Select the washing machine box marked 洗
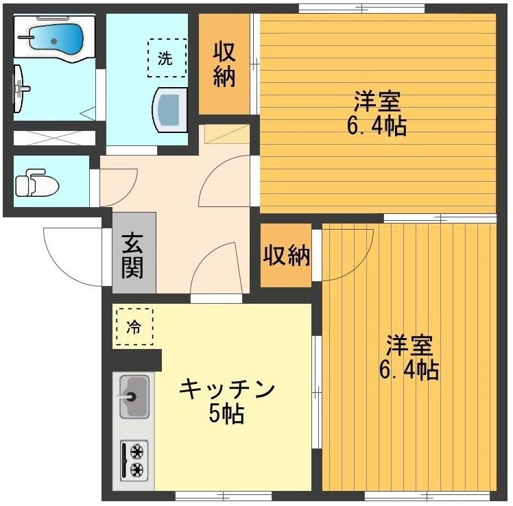[x=166, y=58]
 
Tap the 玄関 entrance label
[x=133, y=255]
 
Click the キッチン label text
[x=226, y=390]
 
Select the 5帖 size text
[x=226, y=414]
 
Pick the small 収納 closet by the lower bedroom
[x=287, y=256]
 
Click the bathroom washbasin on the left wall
[x=21, y=87]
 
